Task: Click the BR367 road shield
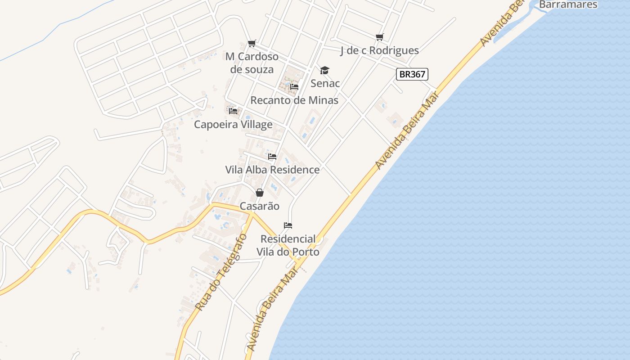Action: click(x=412, y=74)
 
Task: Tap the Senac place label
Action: click(x=325, y=83)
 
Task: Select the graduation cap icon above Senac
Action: click(x=324, y=70)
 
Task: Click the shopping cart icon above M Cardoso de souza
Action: click(x=252, y=43)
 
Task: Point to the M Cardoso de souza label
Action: click(x=252, y=63)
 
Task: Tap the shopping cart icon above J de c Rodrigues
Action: click(x=380, y=37)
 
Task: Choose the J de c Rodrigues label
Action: click(x=379, y=50)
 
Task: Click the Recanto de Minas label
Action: click(x=294, y=100)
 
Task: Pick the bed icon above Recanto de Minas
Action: click(x=294, y=86)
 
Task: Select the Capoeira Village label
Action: click(x=233, y=124)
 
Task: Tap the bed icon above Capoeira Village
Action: click(x=233, y=111)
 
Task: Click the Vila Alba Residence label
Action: click(x=272, y=170)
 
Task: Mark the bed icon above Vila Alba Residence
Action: click(x=272, y=157)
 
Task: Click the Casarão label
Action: click(x=260, y=206)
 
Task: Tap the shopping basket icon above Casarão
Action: click(x=260, y=193)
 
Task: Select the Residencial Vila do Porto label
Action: click(x=288, y=245)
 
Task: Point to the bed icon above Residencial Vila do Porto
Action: click(x=288, y=225)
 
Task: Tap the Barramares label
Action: click(x=568, y=4)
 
